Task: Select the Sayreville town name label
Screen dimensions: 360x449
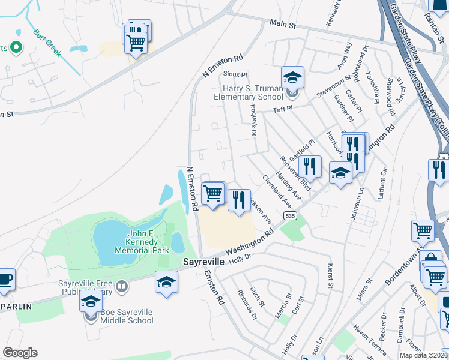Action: [x=203, y=263]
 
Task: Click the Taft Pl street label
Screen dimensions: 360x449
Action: [x=282, y=109]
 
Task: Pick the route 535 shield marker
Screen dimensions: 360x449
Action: [x=290, y=215]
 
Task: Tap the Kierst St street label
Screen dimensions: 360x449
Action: [x=330, y=275]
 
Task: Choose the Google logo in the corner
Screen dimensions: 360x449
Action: [x=20, y=353]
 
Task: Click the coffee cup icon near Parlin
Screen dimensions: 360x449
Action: [x=5, y=279]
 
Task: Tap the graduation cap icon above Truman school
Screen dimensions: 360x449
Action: [x=292, y=77]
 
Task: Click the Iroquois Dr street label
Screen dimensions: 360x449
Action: [x=253, y=125]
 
